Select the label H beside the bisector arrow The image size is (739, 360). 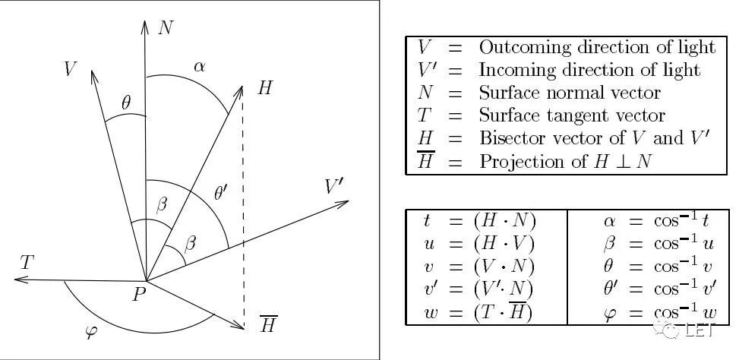point(264,88)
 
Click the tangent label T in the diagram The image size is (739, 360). point(27,264)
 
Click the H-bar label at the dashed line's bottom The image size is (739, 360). point(268,324)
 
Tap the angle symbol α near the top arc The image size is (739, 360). point(199,66)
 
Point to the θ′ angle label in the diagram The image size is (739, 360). point(221,193)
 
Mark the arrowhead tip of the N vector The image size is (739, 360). point(144,20)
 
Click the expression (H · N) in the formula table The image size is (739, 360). point(504,221)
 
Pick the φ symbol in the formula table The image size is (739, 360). point(609,313)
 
